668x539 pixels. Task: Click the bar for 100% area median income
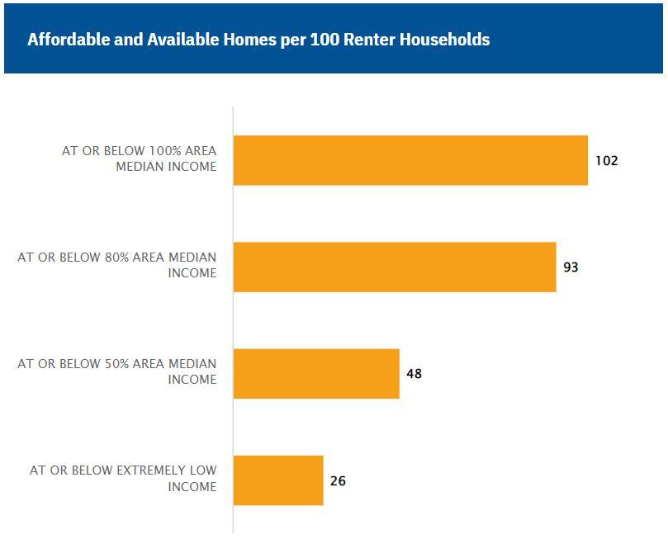coord(410,160)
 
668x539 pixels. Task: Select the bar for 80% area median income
coord(395,267)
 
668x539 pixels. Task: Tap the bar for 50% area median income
coord(316,373)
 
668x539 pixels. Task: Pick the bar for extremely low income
coord(278,480)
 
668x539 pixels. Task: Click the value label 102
coord(606,160)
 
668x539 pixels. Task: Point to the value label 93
coord(571,267)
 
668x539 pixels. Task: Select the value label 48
coord(415,373)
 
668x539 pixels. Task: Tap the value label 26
coord(338,480)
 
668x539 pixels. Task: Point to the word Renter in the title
coord(364,40)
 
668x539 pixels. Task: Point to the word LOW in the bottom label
coord(202,470)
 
